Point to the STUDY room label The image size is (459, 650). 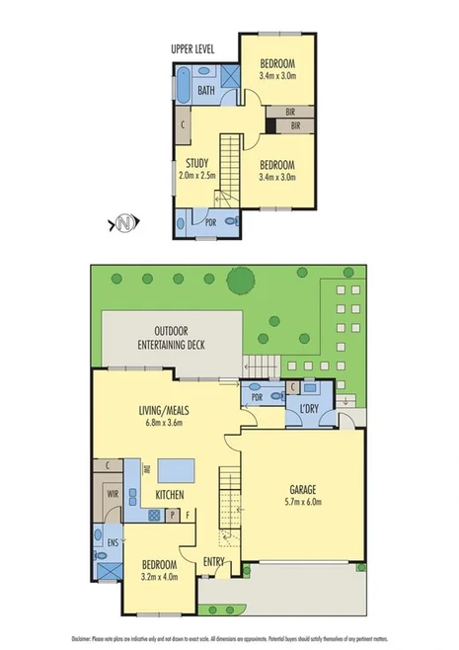pyautogui.click(x=197, y=164)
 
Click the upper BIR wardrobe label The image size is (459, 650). pyautogui.click(x=291, y=112)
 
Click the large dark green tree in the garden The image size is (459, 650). pyautogui.click(x=239, y=282)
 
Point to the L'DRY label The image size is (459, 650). pyautogui.click(x=312, y=408)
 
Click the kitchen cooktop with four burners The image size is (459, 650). pyautogui.click(x=155, y=515)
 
